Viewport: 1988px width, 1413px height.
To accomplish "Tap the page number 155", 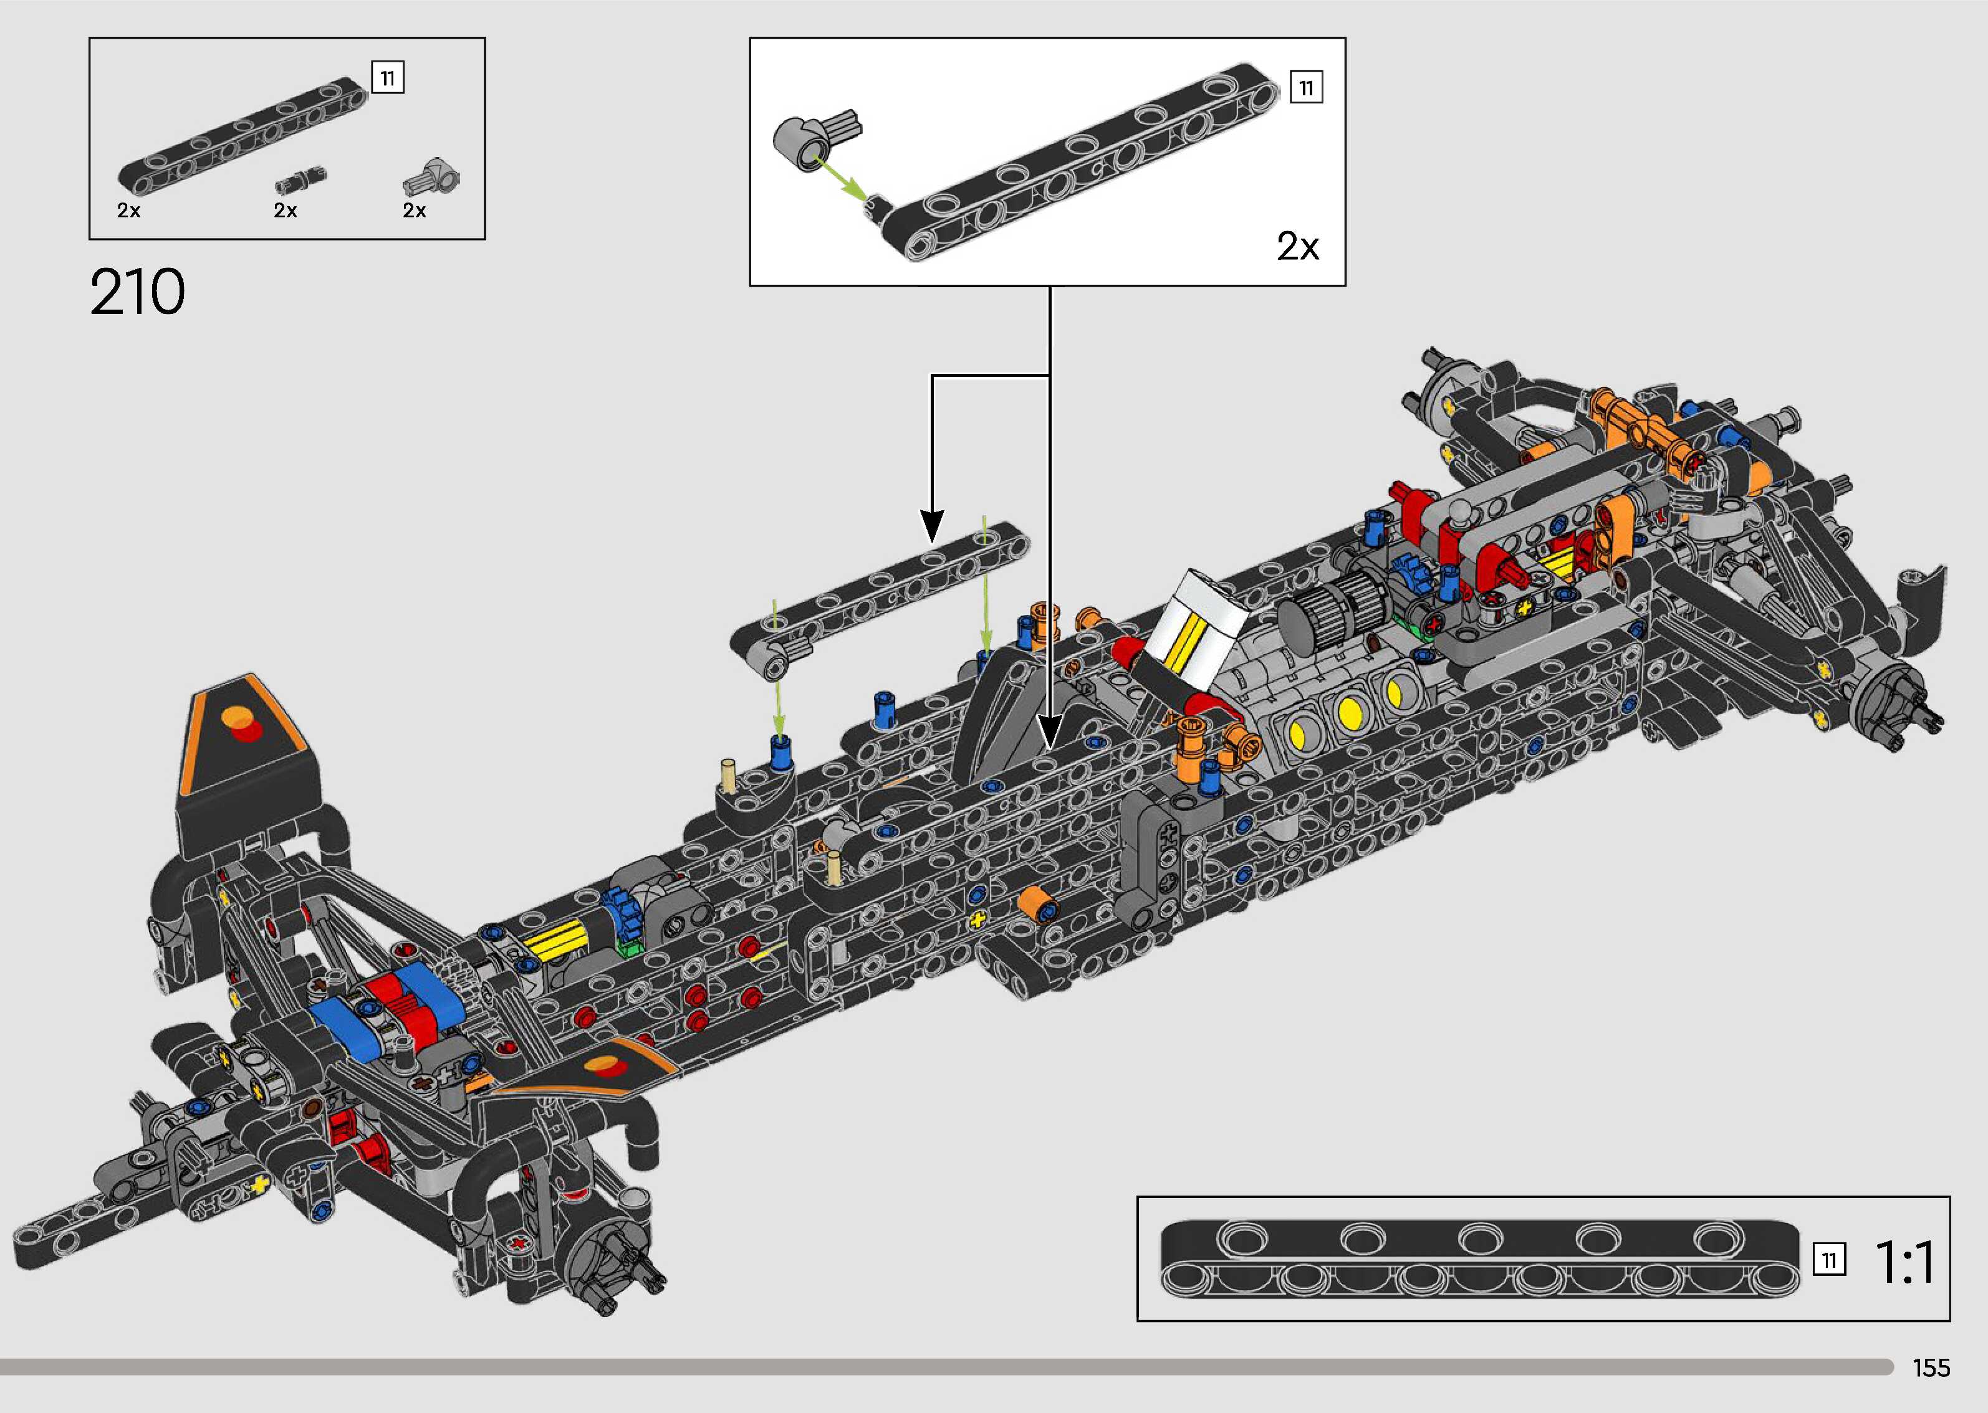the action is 1931,1368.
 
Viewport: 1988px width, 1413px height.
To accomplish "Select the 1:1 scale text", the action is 1904,1262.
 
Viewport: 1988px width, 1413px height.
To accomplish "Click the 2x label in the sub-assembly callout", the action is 1298,246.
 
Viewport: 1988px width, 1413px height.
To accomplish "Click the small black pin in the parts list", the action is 301,180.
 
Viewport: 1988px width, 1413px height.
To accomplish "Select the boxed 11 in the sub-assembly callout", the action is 1305,87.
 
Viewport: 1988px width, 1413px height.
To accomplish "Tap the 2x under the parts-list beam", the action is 129,211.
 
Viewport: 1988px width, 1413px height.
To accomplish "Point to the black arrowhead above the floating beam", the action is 932,526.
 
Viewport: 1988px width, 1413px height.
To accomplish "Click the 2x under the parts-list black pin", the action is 286,211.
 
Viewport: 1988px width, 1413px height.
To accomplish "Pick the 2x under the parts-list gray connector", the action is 415,211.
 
